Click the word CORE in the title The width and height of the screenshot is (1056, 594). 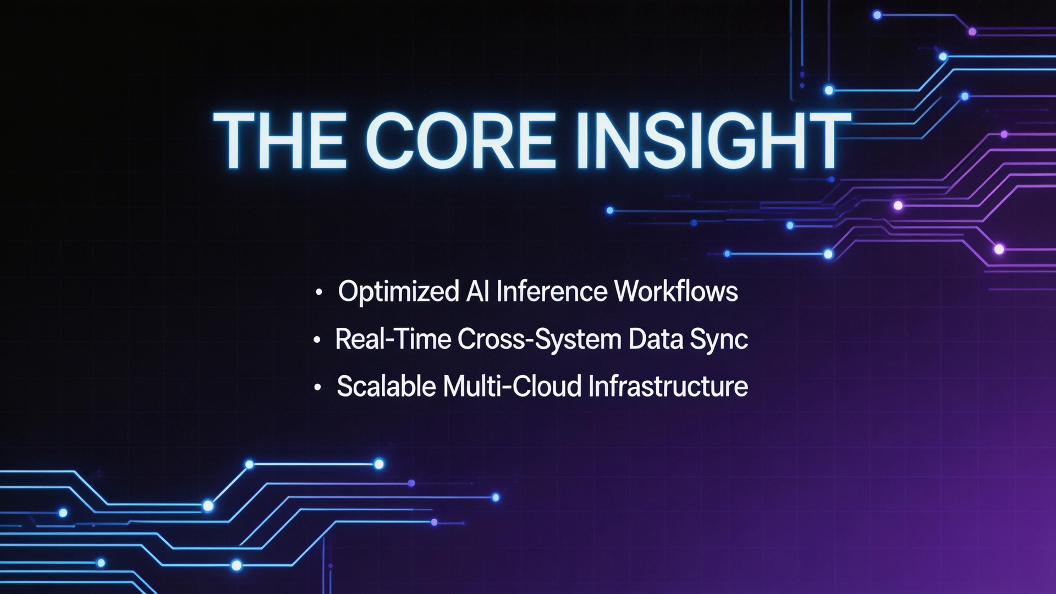point(459,140)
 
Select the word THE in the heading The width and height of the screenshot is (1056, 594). point(280,140)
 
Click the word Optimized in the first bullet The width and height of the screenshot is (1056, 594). point(398,291)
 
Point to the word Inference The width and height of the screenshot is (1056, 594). point(551,291)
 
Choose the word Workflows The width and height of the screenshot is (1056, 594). point(676,291)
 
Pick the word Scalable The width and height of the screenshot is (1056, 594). point(387,386)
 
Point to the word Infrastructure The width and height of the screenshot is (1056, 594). point(668,386)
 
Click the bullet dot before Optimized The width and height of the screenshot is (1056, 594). point(318,293)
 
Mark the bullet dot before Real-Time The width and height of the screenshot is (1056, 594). point(316,340)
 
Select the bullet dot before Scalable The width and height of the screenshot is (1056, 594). point(317,387)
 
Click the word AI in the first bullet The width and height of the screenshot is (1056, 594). point(477,291)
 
